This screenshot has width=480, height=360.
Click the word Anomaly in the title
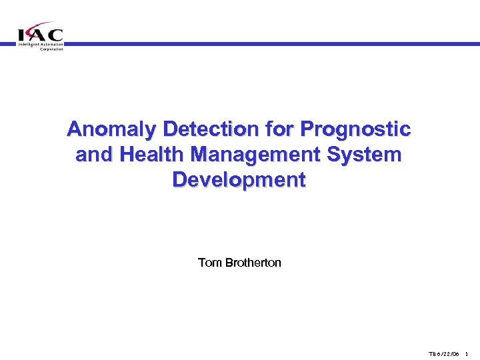click(x=108, y=129)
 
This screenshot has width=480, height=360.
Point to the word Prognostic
click(x=355, y=129)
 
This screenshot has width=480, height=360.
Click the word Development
click(x=239, y=181)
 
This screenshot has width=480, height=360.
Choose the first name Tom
click(x=209, y=263)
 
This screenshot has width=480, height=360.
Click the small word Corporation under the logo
click(x=51, y=49)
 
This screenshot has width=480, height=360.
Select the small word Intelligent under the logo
click(x=28, y=45)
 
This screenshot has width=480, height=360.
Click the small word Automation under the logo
click(x=51, y=45)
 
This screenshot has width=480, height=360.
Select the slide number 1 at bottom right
click(x=467, y=353)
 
